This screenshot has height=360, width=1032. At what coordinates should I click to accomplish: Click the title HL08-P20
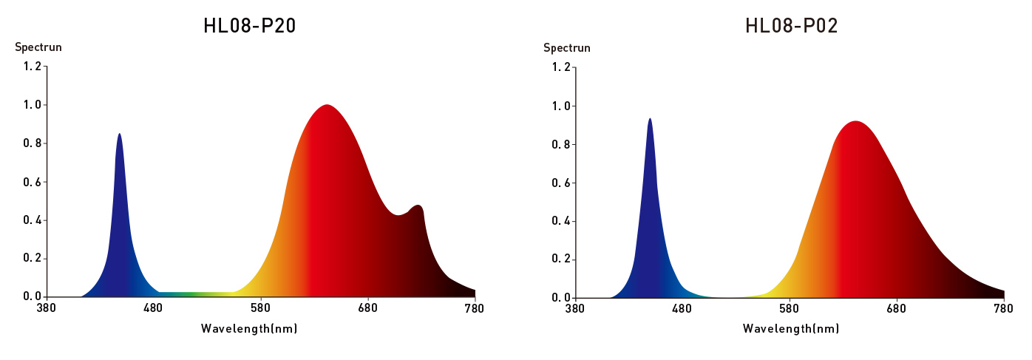249,26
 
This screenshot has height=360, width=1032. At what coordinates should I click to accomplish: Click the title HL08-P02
791,26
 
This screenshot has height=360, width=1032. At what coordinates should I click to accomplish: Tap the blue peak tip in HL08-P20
119,135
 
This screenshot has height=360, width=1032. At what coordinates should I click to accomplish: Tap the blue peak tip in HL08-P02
649,119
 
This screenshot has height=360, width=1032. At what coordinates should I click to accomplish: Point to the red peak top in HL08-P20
326,106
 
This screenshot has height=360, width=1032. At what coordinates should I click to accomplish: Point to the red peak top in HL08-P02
855,122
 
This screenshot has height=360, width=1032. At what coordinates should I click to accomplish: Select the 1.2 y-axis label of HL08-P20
32,67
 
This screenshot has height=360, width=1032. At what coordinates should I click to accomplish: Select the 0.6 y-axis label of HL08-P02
560,183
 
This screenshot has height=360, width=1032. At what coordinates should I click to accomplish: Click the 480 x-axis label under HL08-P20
153,308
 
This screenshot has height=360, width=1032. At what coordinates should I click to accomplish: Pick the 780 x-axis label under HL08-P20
475,308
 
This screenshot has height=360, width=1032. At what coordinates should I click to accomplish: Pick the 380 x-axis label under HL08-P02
574,309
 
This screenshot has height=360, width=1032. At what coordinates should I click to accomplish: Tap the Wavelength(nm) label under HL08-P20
249,327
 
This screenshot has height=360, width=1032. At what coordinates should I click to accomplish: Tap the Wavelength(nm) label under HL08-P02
791,328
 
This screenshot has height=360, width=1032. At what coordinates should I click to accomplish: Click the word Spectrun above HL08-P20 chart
38,47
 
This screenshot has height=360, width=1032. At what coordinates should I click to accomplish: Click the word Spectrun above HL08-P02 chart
567,48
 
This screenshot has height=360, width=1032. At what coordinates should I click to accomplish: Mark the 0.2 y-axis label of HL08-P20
32,258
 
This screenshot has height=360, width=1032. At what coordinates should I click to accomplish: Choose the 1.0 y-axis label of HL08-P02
560,106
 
